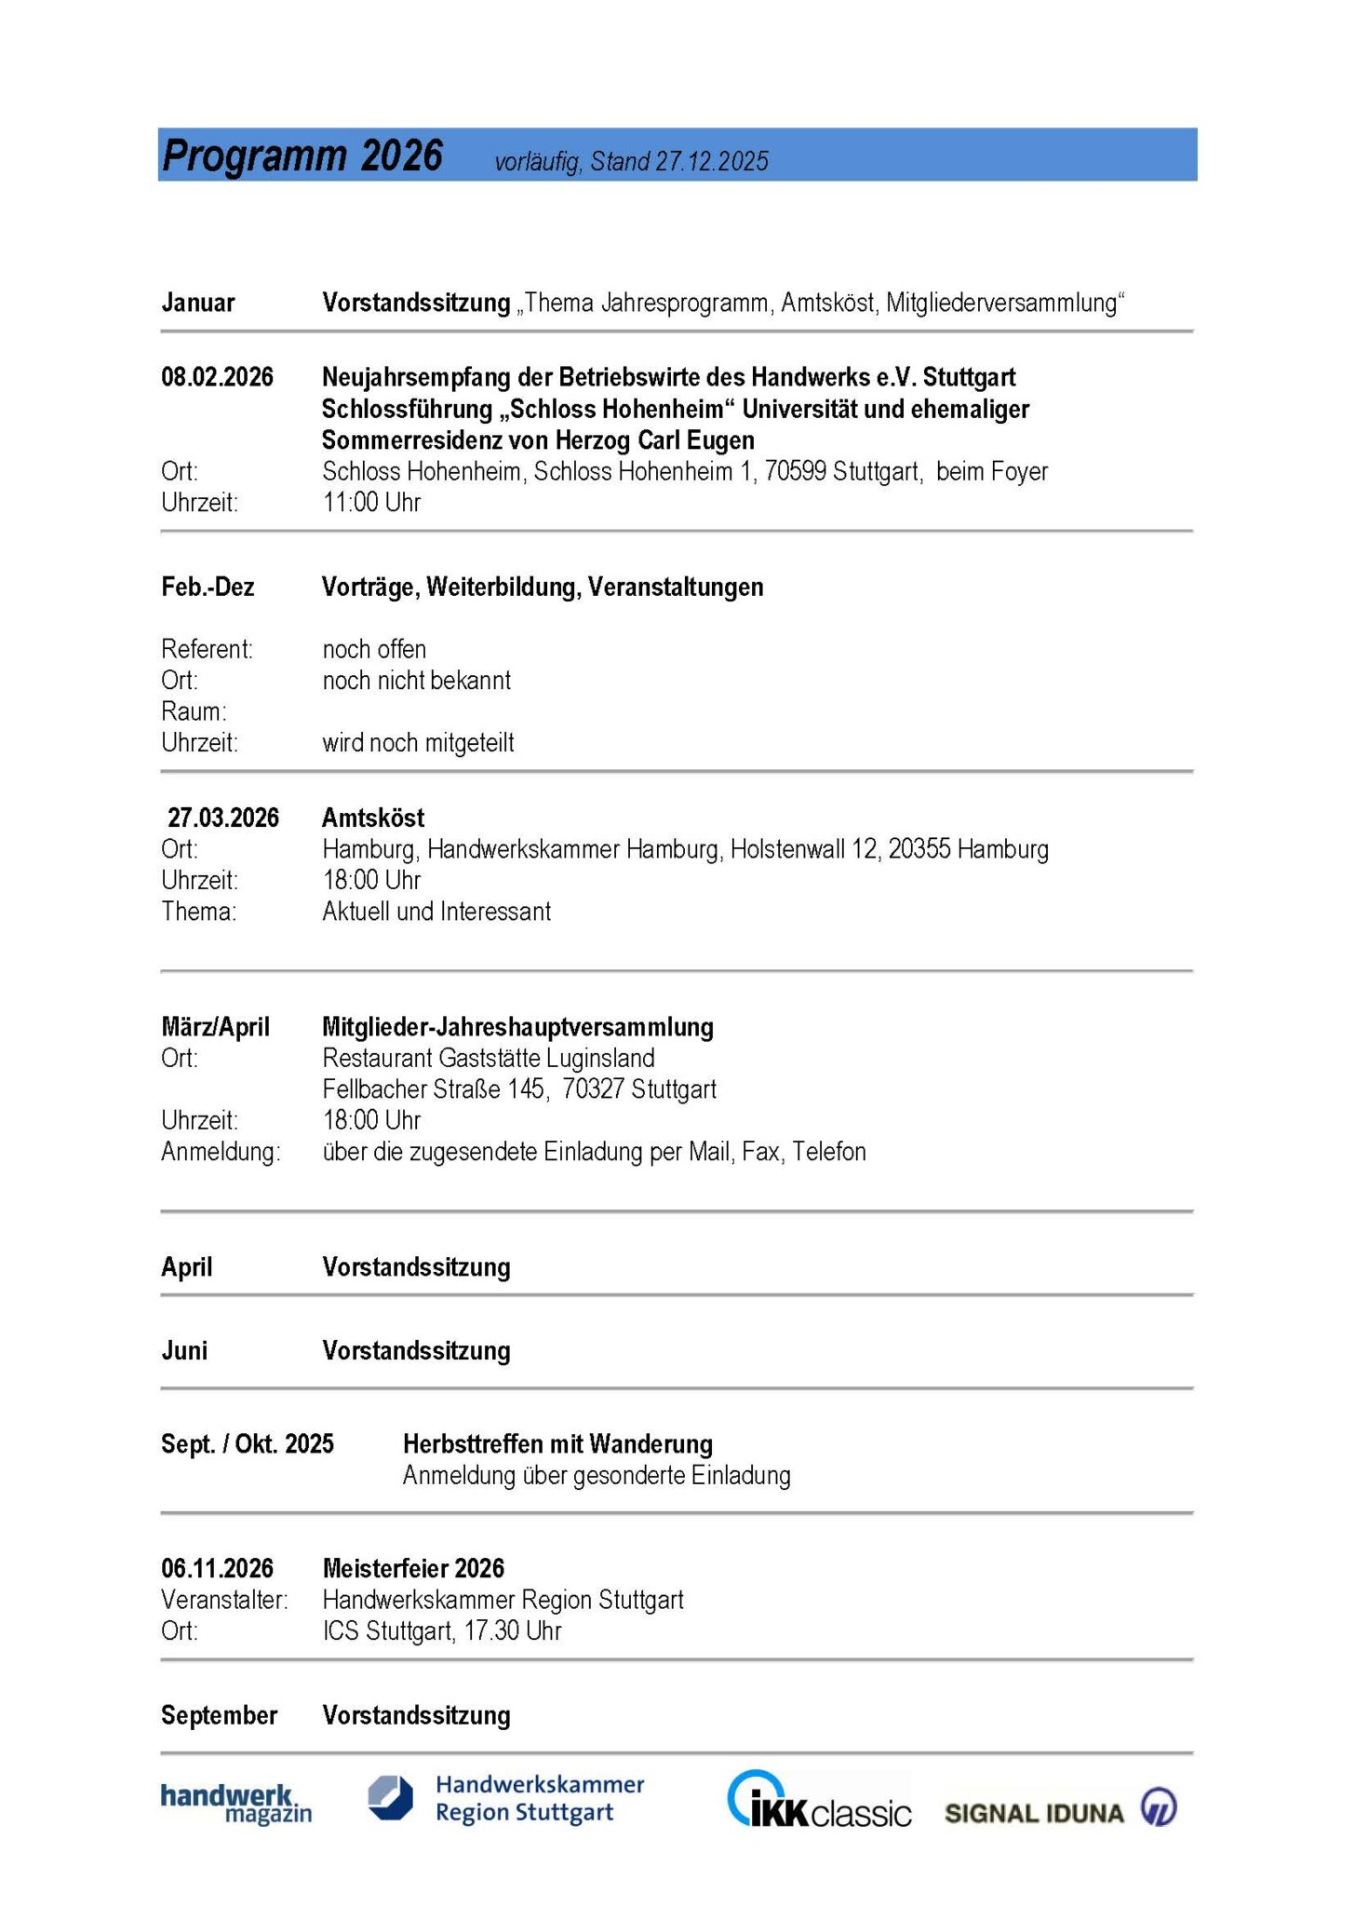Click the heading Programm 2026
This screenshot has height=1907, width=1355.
point(302,156)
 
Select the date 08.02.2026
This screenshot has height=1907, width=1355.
point(217,377)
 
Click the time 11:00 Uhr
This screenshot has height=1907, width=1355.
point(371,503)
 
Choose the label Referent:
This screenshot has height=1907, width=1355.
point(207,649)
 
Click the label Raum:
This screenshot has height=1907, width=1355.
point(194,711)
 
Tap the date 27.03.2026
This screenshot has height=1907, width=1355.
point(222,818)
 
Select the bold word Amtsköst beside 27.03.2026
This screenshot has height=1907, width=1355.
point(373,818)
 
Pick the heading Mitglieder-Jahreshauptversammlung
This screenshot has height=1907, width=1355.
point(517,1027)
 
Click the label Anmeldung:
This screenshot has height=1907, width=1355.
point(221,1152)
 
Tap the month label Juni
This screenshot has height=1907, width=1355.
point(184,1351)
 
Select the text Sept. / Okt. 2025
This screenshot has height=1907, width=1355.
point(248,1444)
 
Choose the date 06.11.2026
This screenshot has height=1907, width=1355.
point(217,1568)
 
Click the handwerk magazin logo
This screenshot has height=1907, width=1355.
point(236,1804)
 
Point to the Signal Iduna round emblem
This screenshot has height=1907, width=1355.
point(1159,1807)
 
